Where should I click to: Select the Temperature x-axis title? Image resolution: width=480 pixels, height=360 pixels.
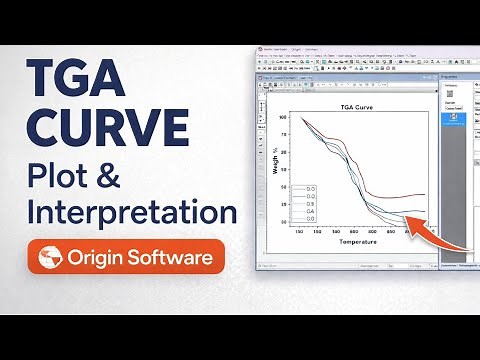tap(357, 242)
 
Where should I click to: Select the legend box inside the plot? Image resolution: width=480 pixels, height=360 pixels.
tap(305, 203)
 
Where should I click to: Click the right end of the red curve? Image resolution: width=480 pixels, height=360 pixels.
tap(425, 194)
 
